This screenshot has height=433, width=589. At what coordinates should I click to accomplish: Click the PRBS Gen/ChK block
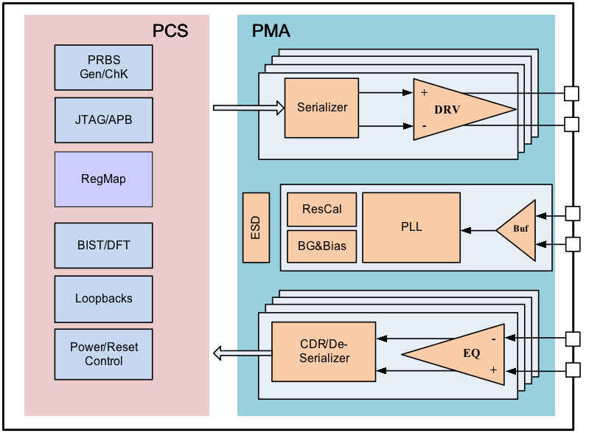click(104, 68)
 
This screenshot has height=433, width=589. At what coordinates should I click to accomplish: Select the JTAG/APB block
click(104, 120)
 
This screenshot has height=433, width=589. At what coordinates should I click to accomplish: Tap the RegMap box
click(104, 179)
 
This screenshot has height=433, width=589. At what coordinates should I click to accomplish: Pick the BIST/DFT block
click(104, 246)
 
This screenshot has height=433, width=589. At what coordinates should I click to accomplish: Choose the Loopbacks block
click(104, 299)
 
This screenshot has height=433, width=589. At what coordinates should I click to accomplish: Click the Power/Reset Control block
click(104, 355)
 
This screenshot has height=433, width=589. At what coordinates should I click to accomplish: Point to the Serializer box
click(321, 108)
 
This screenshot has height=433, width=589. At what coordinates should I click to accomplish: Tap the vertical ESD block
click(256, 227)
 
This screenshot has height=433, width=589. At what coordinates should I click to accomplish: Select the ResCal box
click(322, 209)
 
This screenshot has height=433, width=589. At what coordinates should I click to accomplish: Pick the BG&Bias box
click(322, 246)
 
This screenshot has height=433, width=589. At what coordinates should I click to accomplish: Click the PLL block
click(411, 227)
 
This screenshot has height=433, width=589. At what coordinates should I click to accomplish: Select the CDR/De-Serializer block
click(324, 351)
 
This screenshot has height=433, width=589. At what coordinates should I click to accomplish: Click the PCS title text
click(170, 31)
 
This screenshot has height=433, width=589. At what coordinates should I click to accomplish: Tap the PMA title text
click(271, 31)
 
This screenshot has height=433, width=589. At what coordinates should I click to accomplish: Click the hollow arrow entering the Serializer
click(248, 108)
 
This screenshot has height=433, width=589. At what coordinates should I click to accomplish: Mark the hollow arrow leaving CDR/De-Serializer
click(243, 353)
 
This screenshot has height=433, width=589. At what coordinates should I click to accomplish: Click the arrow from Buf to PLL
click(479, 230)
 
